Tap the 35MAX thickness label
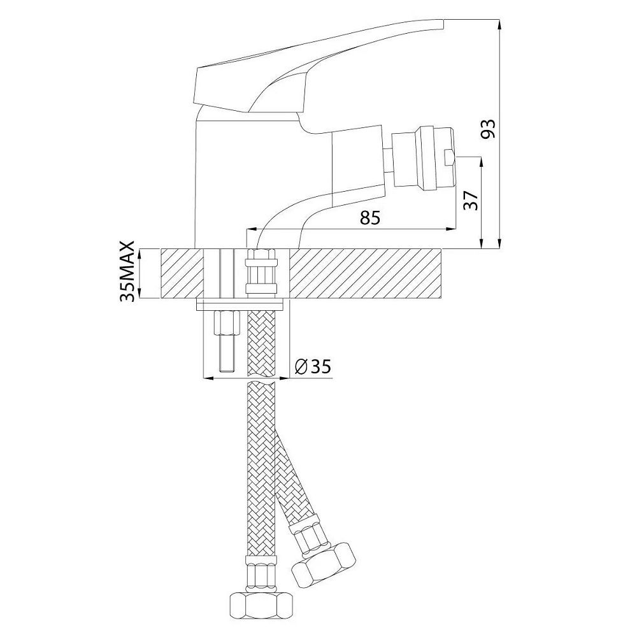point(128,271)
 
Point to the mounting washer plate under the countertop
point(242,303)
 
